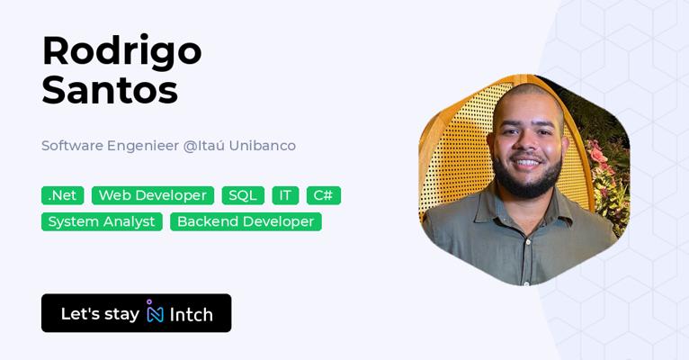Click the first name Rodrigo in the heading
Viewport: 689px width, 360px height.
coord(121,53)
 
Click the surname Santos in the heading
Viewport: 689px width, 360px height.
coord(110,90)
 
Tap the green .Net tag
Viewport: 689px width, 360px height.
coord(62,195)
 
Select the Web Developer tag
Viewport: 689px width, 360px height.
coord(153,195)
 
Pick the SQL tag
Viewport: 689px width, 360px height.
coord(243,195)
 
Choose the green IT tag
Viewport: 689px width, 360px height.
coord(286,195)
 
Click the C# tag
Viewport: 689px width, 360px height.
coord(324,195)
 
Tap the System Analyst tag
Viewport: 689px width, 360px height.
coord(102,222)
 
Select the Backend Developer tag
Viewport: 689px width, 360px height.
coord(246,222)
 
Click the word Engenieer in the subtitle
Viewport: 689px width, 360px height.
coord(143,146)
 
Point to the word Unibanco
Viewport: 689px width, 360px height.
coord(263,146)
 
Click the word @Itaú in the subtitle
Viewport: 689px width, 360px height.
coord(204,146)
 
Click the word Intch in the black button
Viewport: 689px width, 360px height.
coord(192,315)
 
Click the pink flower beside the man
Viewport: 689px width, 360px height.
coord(597,155)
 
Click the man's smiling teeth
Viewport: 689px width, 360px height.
coord(528,163)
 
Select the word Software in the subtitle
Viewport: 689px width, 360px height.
coord(72,146)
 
